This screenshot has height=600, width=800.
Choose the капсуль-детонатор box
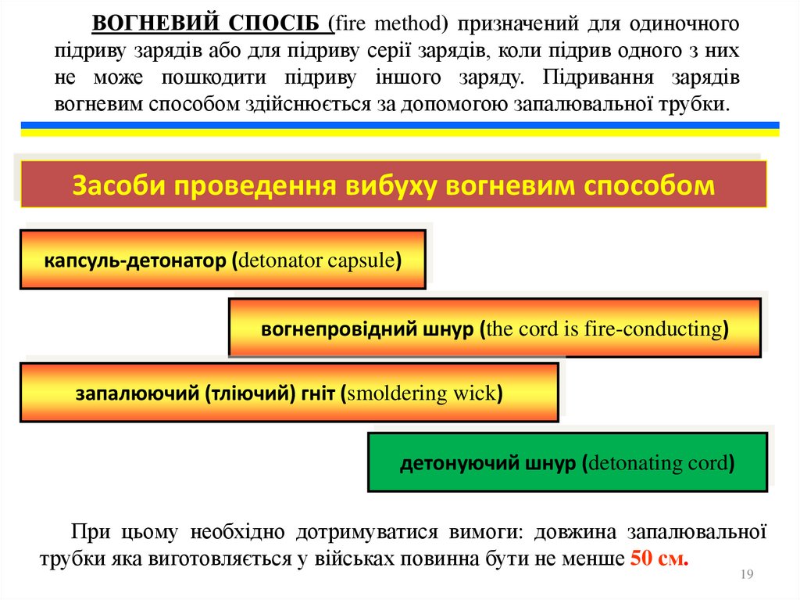(x=223, y=260)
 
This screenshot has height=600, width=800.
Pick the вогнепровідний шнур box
(x=495, y=328)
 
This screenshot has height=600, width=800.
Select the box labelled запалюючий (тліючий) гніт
(x=289, y=393)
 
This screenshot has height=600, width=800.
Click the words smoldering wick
(x=422, y=393)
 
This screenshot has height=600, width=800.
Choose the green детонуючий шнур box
(x=567, y=462)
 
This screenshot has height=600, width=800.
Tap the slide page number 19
(x=745, y=576)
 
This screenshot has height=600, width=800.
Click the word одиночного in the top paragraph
(x=688, y=24)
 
